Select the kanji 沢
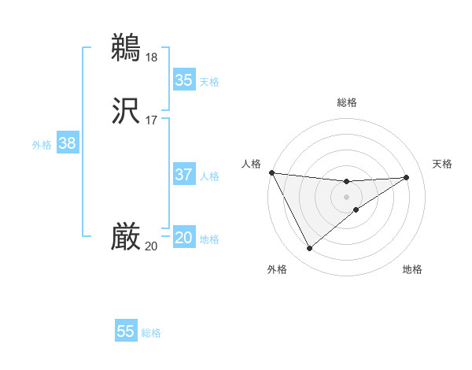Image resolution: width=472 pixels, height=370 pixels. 127,109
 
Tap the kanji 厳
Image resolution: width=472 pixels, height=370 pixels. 127,236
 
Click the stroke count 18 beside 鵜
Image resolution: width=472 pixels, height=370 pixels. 151,57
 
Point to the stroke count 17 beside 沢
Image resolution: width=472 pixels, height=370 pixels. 151,120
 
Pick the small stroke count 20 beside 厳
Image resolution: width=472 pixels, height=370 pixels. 151,246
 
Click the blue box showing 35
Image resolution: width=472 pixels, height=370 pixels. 184,80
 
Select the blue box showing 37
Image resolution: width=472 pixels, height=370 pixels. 184,175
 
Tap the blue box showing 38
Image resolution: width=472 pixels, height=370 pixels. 68,143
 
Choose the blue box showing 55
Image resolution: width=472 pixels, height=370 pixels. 126,331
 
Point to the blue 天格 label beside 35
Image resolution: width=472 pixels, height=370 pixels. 209,81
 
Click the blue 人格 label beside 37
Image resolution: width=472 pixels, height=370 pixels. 209,176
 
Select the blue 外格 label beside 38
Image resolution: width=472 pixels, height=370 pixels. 42,145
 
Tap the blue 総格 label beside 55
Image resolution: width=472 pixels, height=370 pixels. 151,333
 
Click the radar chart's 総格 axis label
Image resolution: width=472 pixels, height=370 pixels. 347,102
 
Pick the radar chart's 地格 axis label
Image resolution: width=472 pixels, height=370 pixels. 412,270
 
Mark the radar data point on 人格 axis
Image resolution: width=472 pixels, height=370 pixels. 271,172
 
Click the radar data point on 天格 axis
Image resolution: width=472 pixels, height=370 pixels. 407,177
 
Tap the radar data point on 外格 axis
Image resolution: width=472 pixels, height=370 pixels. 309,249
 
